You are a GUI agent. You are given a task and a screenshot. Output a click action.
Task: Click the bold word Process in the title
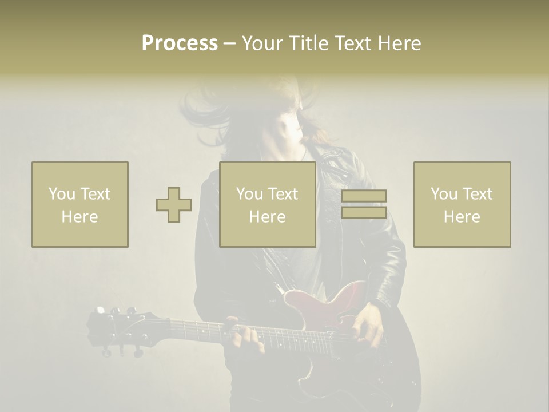click(x=180, y=43)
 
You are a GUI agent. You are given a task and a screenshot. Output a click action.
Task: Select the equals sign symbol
click(x=364, y=204)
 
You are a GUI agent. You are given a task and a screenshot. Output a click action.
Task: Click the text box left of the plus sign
click(x=80, y=204)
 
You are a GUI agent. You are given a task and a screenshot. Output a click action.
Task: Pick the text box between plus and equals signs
click(x=268, y=204)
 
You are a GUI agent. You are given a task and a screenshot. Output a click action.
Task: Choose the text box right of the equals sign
click(x=462, y=204)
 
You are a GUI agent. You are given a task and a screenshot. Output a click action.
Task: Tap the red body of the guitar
click(x=326, y=303)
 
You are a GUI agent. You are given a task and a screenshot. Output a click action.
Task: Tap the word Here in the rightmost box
click(x=462, y=217)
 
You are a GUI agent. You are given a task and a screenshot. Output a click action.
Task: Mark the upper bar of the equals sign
click(x=364, y=196)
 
